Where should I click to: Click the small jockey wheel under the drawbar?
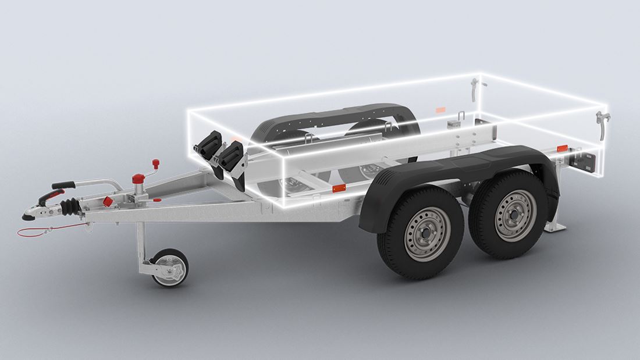(x=170, y=268)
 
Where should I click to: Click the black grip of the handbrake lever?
(x=64, y=186)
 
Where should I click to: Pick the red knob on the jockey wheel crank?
(x=155, y=162)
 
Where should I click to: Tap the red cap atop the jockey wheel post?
(x=138, y=177)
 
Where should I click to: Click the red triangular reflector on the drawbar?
(x=108, y=201)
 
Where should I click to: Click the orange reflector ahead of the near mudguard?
(x=338, y=189)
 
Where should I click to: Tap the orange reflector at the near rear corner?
(x=562, y=148)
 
